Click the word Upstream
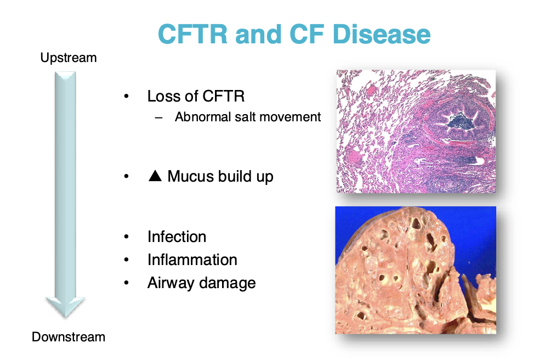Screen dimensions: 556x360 69,58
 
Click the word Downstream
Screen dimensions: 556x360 69,336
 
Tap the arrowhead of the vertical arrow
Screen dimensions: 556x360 65,307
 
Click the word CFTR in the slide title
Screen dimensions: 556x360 192,35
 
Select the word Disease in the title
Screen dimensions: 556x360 382,35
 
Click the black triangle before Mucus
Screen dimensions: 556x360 155,176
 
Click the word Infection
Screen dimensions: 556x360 177,237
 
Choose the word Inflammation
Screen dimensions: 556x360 192,260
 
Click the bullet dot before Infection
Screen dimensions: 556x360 126,237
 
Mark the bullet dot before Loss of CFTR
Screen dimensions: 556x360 126,96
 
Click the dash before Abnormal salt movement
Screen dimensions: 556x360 158,117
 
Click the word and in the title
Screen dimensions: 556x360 258,35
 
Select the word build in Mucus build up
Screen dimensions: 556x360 234,176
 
